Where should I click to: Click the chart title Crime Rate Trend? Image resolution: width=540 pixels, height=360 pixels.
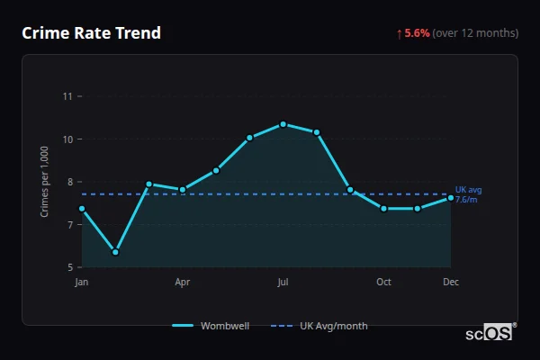coord(91,33)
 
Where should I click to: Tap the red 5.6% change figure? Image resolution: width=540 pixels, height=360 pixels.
coord(417,33)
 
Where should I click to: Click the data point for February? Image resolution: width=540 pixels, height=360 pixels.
coord(115,252)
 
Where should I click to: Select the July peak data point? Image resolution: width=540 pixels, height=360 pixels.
coord(283,124)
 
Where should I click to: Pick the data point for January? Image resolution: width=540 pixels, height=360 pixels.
coord(82,209)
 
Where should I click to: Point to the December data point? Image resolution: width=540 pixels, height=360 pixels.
coord(451,198)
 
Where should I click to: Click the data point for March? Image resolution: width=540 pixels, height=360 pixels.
coord(149,184)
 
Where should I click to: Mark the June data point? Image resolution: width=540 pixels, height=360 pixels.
coord(249,138)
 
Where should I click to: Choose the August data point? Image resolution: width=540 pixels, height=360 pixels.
coord(317,132)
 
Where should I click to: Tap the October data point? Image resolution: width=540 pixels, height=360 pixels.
coord(383,209)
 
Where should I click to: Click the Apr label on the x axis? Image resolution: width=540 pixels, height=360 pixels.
coord(183,282)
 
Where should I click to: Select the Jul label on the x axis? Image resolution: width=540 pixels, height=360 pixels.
coord(283,282)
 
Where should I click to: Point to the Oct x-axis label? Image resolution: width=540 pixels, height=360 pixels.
coord(383,282)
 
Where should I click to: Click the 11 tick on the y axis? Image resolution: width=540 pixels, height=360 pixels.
coord(67,96)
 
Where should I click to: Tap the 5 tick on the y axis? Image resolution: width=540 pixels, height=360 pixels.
coord(69,267)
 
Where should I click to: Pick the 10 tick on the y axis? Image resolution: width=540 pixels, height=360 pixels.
coord(67,139)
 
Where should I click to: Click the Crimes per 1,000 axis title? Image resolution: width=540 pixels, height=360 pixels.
coord(44,182)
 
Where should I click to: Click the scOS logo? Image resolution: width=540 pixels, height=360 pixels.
coord(489,332)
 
